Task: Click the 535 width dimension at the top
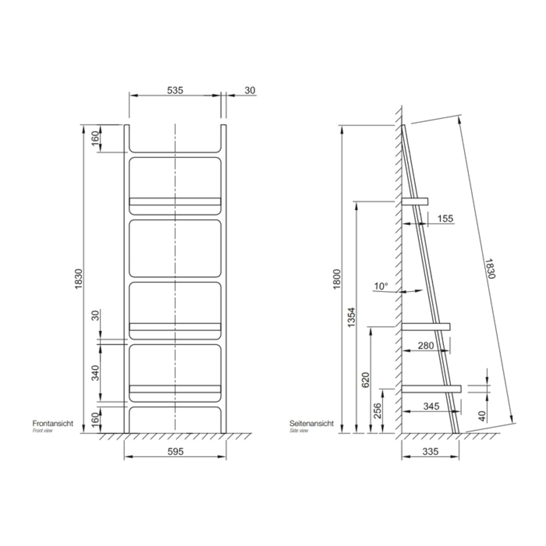tap(175, 90)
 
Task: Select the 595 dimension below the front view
tap(175, 451)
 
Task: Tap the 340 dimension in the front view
tap(96, 372)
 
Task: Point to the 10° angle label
tap(381, 286)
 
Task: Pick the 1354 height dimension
tap(352, 317)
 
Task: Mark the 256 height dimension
tap(378, 410)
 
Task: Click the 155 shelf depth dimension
tap(446, 218)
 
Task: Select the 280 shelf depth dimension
tap(426, 345)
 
